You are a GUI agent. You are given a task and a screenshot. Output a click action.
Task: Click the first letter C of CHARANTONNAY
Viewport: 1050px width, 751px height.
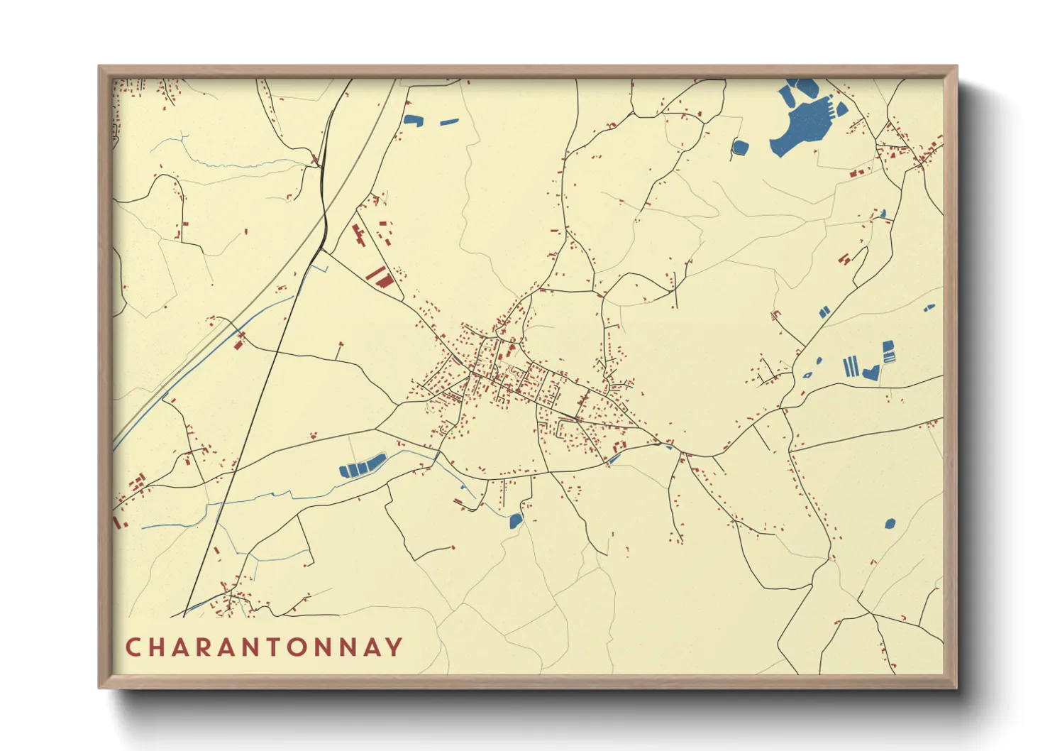point(133,647)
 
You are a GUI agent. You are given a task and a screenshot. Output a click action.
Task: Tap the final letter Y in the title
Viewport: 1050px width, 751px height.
point(394,647)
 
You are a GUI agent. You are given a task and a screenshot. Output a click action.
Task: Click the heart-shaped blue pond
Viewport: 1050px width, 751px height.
point(871,372)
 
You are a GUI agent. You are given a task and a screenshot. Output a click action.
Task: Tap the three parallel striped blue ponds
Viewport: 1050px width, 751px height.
point(851,367)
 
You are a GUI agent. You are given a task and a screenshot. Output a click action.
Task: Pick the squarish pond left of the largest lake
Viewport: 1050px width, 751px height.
point(740,148)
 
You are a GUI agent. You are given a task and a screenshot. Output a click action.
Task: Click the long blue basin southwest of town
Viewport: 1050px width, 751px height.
point(362,466)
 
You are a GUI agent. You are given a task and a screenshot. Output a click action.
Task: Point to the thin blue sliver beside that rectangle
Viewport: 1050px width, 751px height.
point(449,122)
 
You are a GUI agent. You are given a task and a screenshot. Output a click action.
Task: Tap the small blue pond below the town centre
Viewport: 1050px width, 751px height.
point(516,522)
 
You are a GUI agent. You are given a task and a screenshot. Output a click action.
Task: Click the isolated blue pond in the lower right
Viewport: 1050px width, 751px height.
point(889,524)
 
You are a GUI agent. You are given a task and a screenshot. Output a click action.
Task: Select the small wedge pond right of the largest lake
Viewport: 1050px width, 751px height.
point(841,109)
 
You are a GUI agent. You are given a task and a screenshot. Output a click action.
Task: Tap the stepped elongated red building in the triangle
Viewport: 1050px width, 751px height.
point(358,235)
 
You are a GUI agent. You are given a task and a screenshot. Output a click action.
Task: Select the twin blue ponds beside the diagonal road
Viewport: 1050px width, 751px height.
point(824,312)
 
